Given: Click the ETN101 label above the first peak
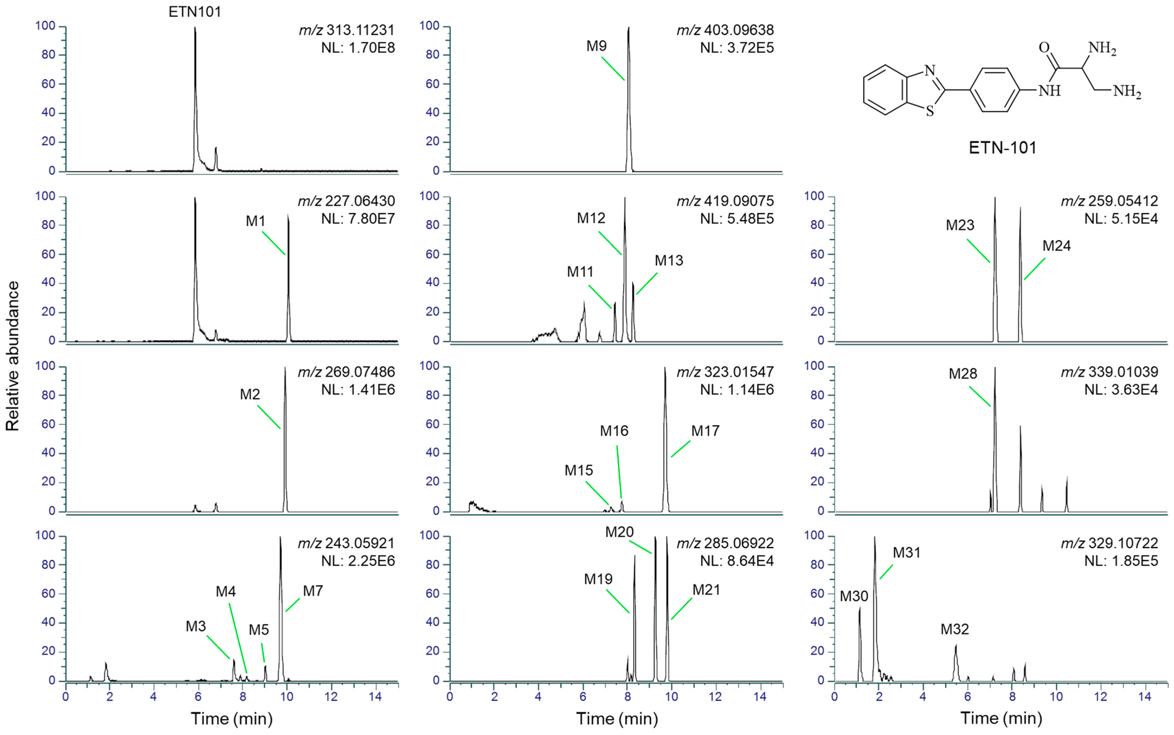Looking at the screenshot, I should click(x=195, y=12).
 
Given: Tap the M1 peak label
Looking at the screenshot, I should click(x=256, y=221).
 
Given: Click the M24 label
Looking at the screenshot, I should click(x=1056, y=246).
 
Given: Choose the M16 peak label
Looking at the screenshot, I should click(x=614, y=431).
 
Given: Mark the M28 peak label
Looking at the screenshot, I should click(x=963, y=374).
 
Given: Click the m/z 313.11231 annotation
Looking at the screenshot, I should click(x=346, y=30).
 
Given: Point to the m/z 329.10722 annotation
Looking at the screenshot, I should click(x=1109, y=543).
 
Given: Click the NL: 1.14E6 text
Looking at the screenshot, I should click(x=737, y=390).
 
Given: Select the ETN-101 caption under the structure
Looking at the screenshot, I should click(x=1002, y=148).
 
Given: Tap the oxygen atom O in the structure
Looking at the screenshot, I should click(x=1044, y=48).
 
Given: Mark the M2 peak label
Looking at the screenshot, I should click(x=250, y=394).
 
